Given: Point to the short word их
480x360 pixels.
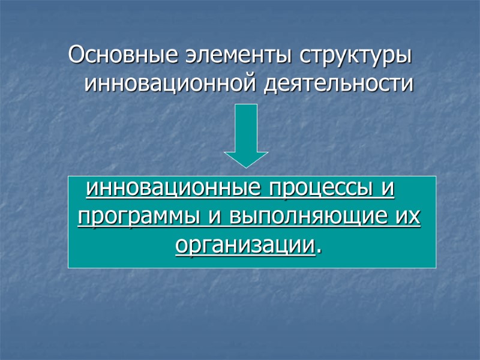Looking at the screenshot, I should pos(408,216).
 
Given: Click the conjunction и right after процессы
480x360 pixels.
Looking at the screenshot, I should pos(388,189).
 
